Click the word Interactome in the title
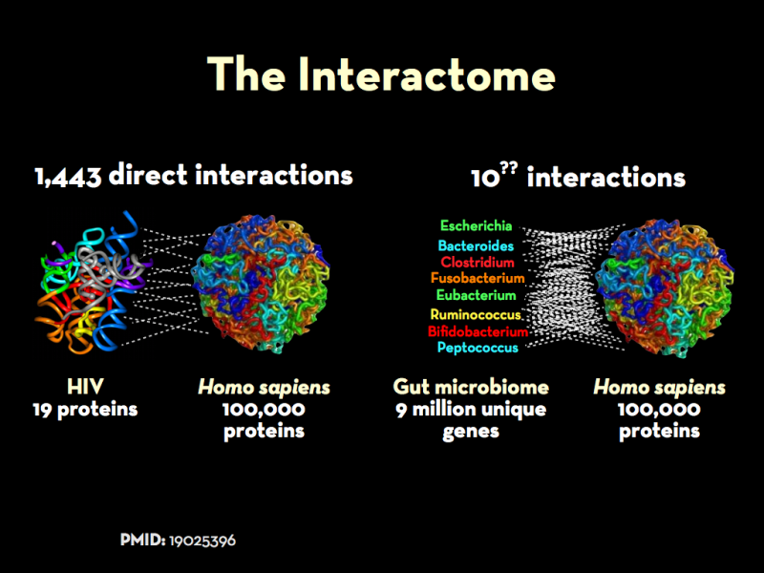click(427, 74)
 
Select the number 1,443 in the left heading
click(68, 177)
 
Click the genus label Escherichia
click(476, 225)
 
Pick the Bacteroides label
click(476, 245)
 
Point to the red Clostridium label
click(477, 262)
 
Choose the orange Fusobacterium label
click(477, 278)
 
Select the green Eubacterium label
click(476, 295)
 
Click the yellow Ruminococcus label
click(476, 315)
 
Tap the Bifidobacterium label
click(478, 331)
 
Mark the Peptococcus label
click(477, 348)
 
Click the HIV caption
click(85, 388)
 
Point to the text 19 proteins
click(85, 410)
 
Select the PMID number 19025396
click(202, 541)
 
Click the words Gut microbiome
click(471, 388)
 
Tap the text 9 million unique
click(471, 410)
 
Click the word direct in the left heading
click(148, 175)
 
